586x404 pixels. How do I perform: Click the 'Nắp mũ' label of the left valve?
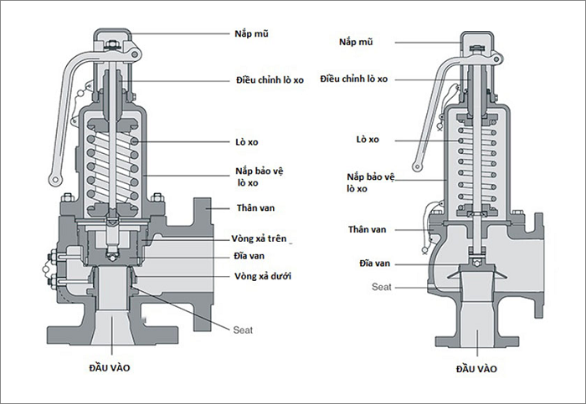click(251, 34)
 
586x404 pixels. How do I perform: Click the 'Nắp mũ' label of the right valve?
click(356, 42)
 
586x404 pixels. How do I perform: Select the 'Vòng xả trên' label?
click(259, 238)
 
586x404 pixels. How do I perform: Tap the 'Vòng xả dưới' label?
click(263, 276)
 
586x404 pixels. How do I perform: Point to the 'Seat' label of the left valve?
click(243, 330)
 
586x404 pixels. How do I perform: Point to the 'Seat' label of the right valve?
click(382, 287)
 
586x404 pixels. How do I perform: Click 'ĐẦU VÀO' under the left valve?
click(110, 368)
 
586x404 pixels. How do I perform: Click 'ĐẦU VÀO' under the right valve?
click(476, 369)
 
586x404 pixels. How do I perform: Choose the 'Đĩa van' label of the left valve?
click(249, 256)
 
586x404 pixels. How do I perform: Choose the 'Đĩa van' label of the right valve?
click(375, 263)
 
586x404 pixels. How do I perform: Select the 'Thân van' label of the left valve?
click(255, 208)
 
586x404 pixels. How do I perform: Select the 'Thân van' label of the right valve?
click(367, 229)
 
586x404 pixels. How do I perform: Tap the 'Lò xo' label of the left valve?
click(247, 142)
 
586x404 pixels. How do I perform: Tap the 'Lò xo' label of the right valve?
click(368, 140)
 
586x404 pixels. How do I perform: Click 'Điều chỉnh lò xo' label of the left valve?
click(270, 80)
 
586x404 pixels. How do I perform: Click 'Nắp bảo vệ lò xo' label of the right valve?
click(370, 182)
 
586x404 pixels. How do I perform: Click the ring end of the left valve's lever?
click(56, 180)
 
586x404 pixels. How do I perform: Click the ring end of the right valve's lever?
click(418, 166)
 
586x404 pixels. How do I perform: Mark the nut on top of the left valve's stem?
click(111, 45)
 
